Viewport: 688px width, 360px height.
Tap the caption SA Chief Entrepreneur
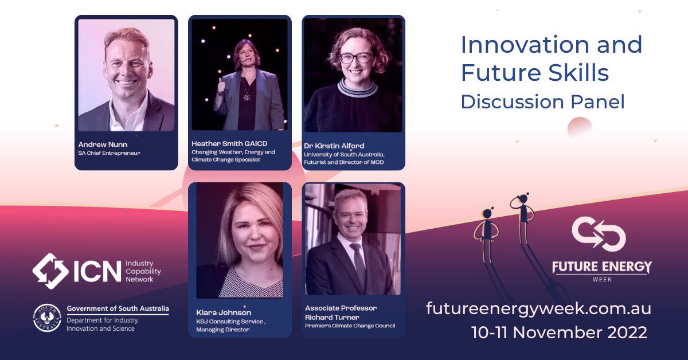click(109, 153)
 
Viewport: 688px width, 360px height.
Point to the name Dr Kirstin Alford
click(334, 146)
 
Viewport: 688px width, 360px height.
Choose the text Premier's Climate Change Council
click(350, 326)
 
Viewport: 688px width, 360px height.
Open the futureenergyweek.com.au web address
click(538, 308)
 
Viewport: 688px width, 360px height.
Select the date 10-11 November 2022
click(559, 332)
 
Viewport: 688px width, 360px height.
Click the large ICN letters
click(97, 271)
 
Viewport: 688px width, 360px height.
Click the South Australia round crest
click(47, 319)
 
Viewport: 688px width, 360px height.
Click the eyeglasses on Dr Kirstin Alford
click(356, 58)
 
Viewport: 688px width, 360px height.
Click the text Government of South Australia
click(118, 309)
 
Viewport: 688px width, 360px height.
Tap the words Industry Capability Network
click(143, 271)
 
